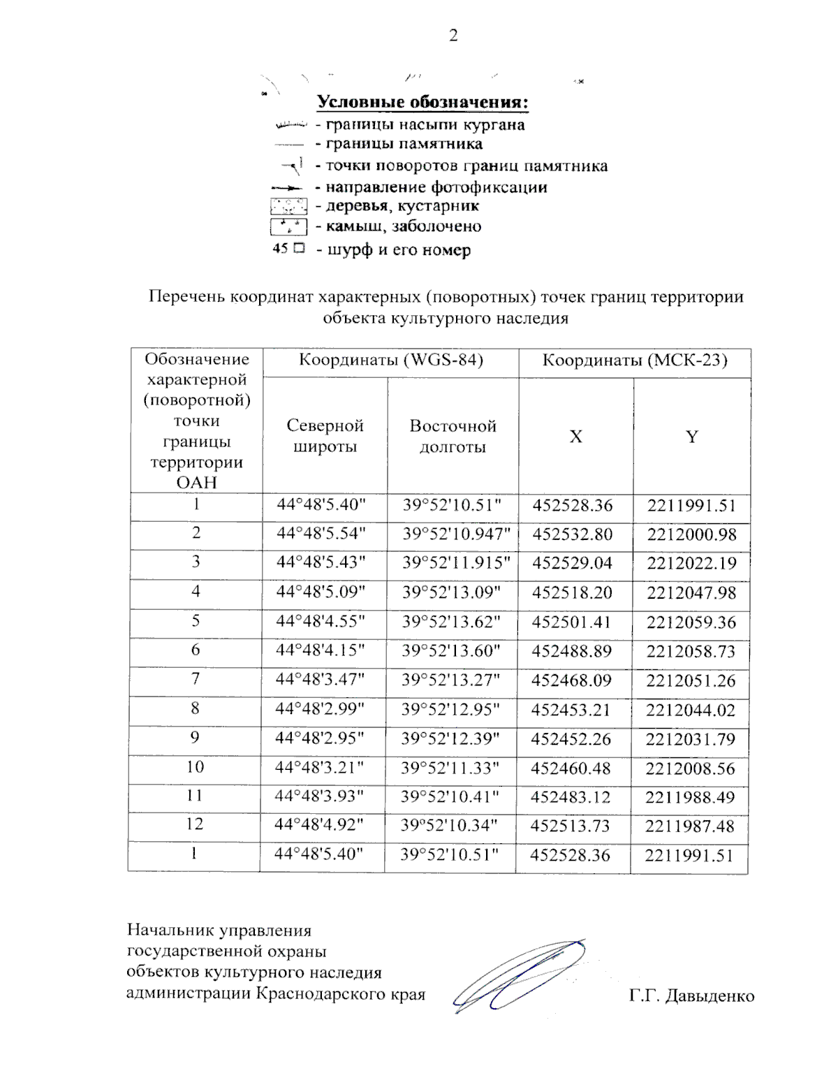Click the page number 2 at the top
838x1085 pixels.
[x=453, y=36]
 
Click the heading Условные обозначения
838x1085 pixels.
[x=422, y=102]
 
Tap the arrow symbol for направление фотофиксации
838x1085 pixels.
[x=287, y=188]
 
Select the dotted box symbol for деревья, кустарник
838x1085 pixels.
[x=288, y=207]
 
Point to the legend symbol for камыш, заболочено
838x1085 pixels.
[x=288, y=227]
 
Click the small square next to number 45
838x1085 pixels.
[x=299, y=248]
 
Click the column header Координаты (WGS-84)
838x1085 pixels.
[x=390, y=361]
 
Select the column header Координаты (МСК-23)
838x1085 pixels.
[x=635, y=361]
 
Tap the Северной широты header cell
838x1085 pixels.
[x=325, y=436]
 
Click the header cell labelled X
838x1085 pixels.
[x=575, y=437]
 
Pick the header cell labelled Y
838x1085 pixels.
[x=691, y=437]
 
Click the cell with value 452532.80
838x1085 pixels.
[x=572, y=534]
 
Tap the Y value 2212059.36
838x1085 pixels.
[x=691, y=622]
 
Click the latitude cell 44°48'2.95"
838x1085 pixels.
[x=320, y=738]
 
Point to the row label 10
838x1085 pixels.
[x=195, y=767]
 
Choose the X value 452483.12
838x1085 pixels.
[x=570, y=797]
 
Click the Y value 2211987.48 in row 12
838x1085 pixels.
[x=689, y=827]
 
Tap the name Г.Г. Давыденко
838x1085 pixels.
[x=691, y=996]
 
